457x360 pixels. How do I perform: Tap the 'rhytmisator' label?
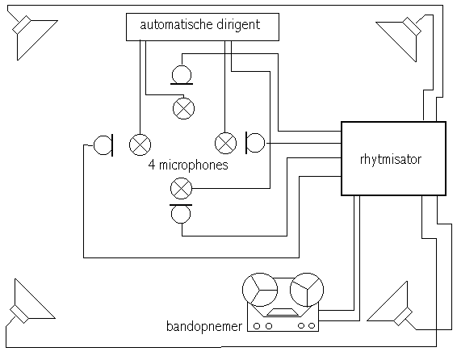[391, 160]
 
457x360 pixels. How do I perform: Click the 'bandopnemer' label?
[204, 327]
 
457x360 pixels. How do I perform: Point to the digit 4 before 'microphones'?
[151, 165]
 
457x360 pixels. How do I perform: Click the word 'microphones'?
[194, 165]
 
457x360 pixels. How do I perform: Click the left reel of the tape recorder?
[260, 290]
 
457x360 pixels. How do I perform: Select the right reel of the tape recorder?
[307, 290]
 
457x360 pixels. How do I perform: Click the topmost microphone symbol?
[182, 75]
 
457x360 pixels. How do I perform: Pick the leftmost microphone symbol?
[103, 145]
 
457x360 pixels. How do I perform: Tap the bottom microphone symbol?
[181, 213]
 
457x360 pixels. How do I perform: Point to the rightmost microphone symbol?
[255, 143]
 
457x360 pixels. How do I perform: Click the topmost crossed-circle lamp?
[183, 108]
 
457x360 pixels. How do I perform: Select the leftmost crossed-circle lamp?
[140, 144]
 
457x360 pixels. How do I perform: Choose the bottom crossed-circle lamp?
[182, 188]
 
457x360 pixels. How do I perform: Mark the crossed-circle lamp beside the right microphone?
[225, 143]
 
